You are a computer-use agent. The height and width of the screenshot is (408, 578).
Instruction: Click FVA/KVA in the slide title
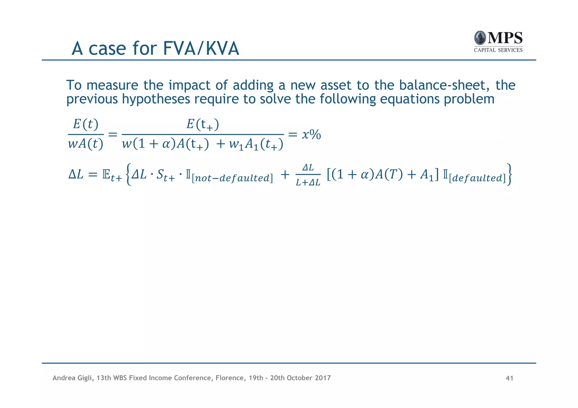coord(201,48)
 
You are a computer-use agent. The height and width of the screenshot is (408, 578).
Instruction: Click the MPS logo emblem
coord(480,38)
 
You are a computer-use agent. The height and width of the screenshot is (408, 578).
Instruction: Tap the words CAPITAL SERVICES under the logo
coord(498,50)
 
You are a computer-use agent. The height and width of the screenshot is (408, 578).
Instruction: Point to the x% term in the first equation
coord(311,135)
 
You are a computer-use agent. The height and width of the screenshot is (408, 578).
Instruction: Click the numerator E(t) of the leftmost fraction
coord(86,124)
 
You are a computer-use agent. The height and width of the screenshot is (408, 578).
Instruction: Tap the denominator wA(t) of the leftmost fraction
coord(86,144)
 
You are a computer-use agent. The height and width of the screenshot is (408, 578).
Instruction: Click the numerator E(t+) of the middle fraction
coord(203,124)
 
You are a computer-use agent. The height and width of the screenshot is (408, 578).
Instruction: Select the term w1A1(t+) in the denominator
coord(256,145)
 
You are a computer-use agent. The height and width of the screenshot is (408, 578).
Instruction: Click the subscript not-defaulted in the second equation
coord(232,178)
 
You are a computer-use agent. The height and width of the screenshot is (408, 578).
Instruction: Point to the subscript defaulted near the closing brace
coord(477,178)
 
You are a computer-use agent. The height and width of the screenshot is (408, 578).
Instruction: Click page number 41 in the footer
coord(509,378)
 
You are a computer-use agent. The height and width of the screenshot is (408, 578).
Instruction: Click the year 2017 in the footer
coord(323,378)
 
